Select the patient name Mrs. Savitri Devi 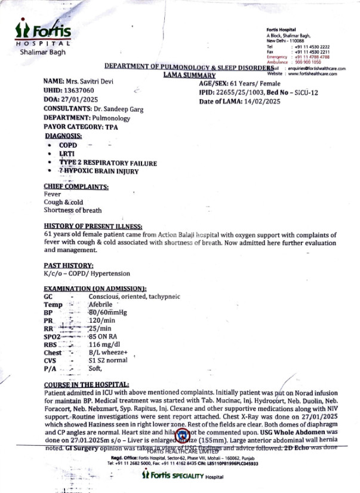[x=88, y=81]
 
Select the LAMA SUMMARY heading [x=189, y=76]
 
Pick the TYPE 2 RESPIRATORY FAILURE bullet [x=107, y=163]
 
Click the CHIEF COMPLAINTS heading [x=76, y=186]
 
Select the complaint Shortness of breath [x=73, y=210]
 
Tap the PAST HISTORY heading [x=69, y=265]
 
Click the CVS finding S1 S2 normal [x=108, y=361]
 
